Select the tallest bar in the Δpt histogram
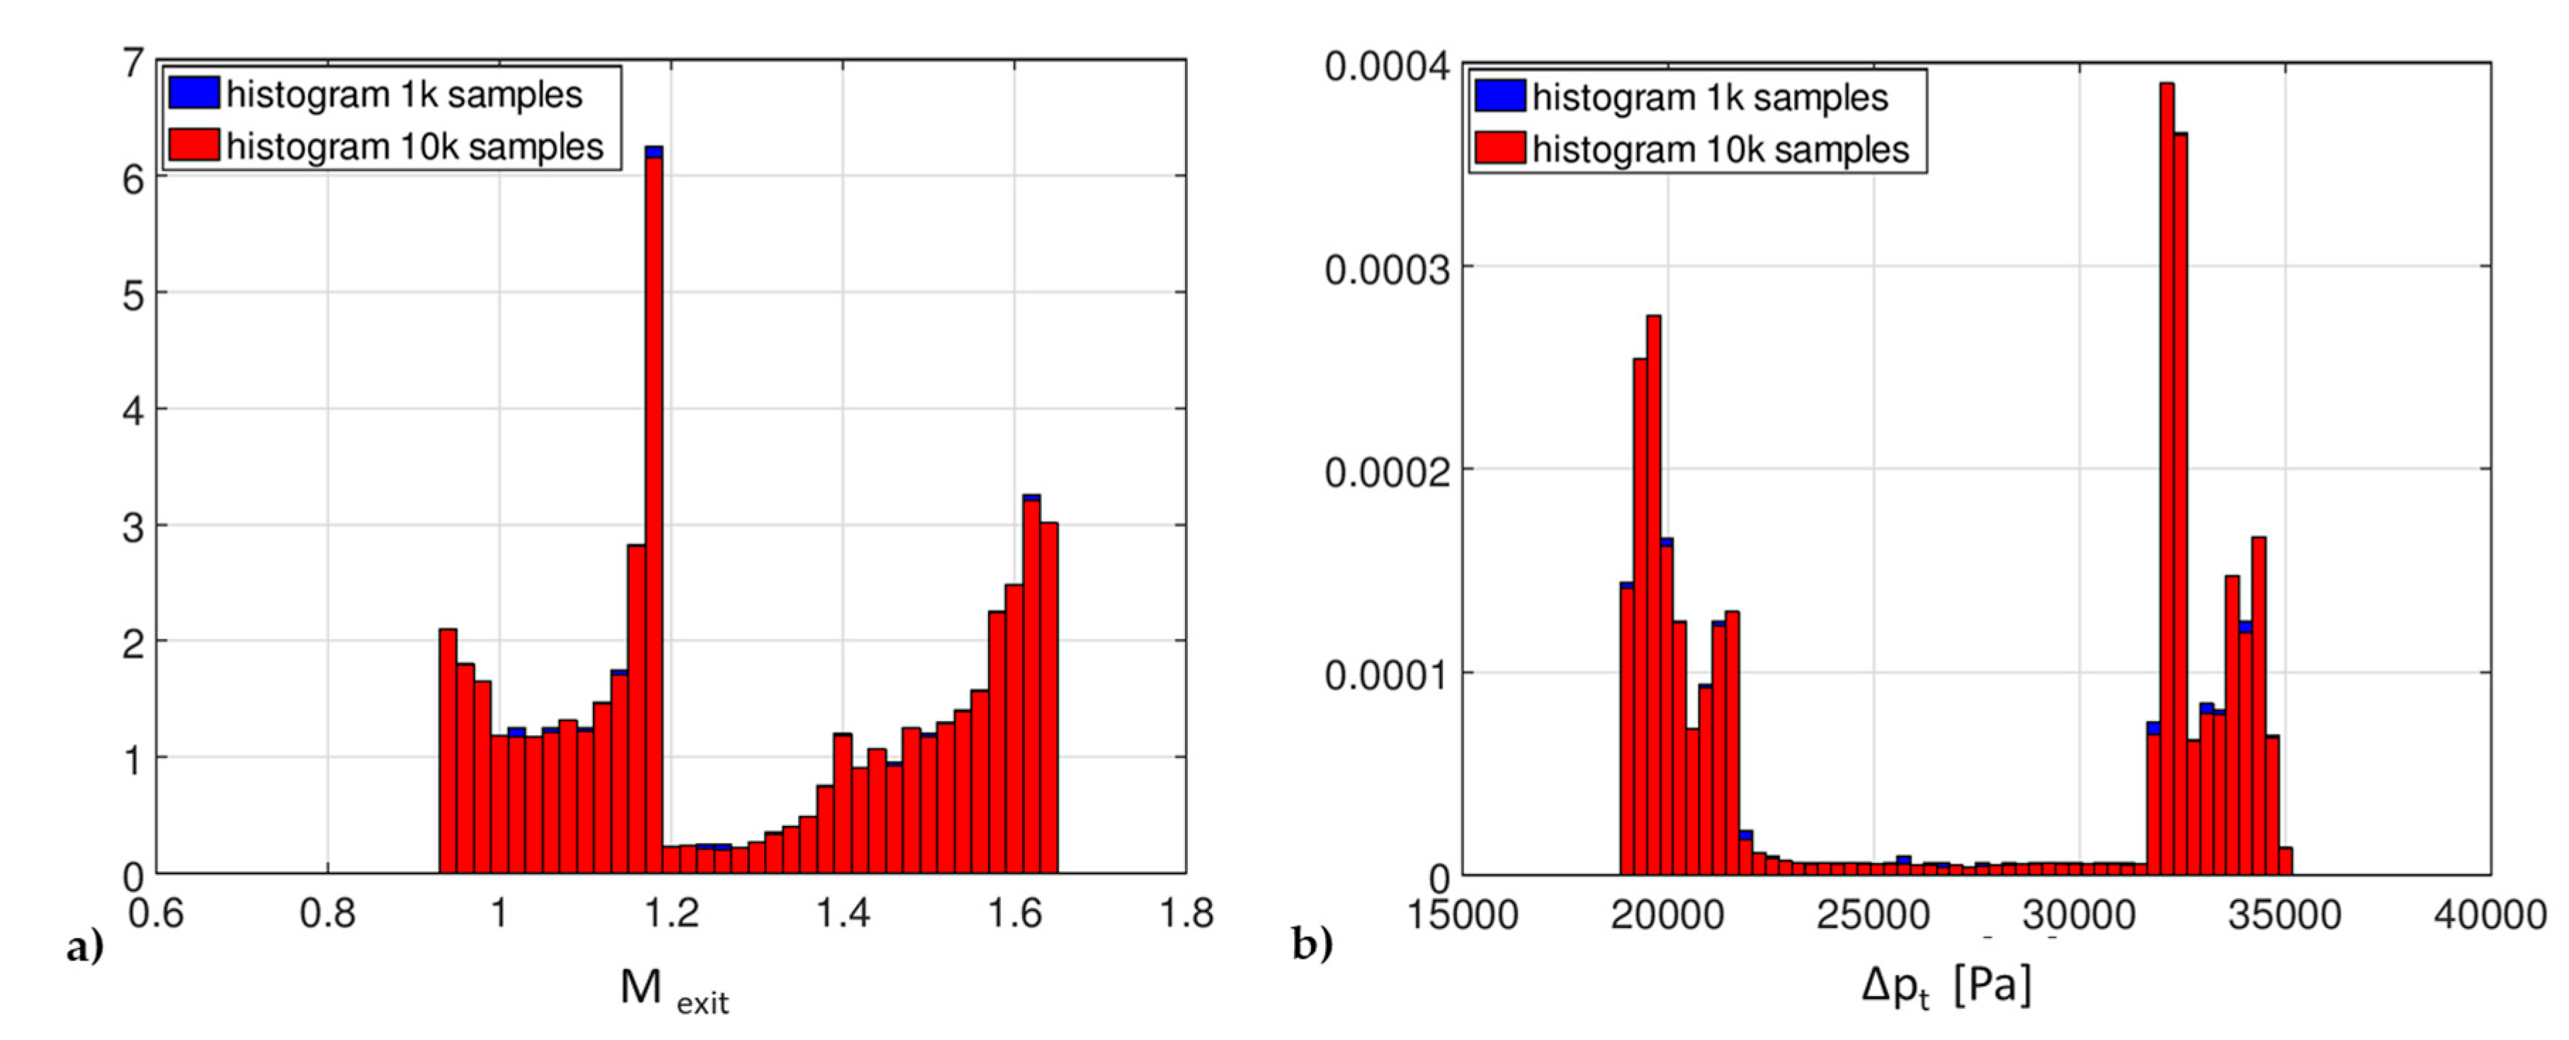(x=2166, y=479)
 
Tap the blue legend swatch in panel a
(x=193, y=93)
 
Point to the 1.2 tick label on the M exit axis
(x=671, y=912)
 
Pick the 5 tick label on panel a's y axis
(x=132, y=295)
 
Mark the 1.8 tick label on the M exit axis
(x=1186, y=912)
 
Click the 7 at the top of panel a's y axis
(x=132, y=64)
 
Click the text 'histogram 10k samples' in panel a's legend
(x=415, y=147)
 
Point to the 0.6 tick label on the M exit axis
(x=157, y=912)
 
